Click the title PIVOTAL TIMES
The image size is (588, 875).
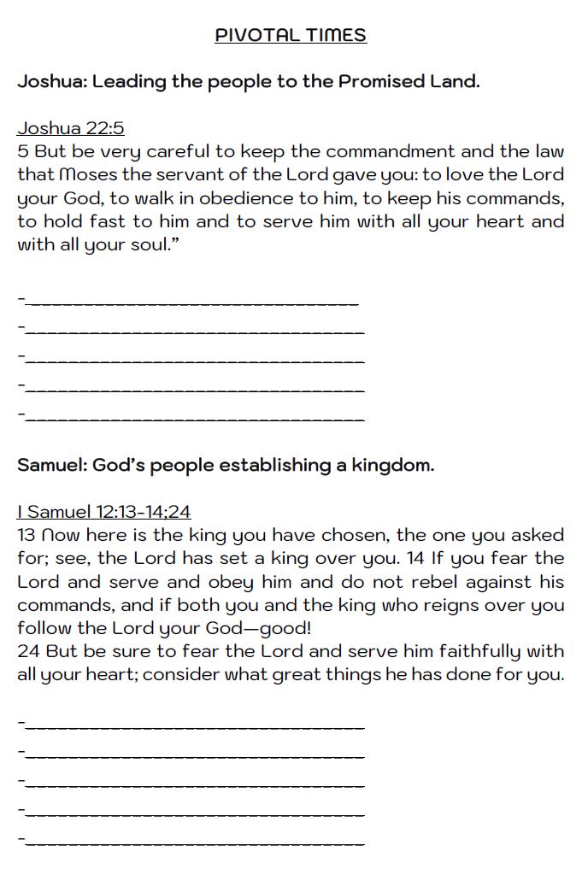coord(291,35)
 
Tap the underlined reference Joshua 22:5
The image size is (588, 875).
coord(71,128)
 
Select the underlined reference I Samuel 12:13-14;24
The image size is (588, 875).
coord(103,512)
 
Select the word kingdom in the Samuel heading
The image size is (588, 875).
coord(391,466)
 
